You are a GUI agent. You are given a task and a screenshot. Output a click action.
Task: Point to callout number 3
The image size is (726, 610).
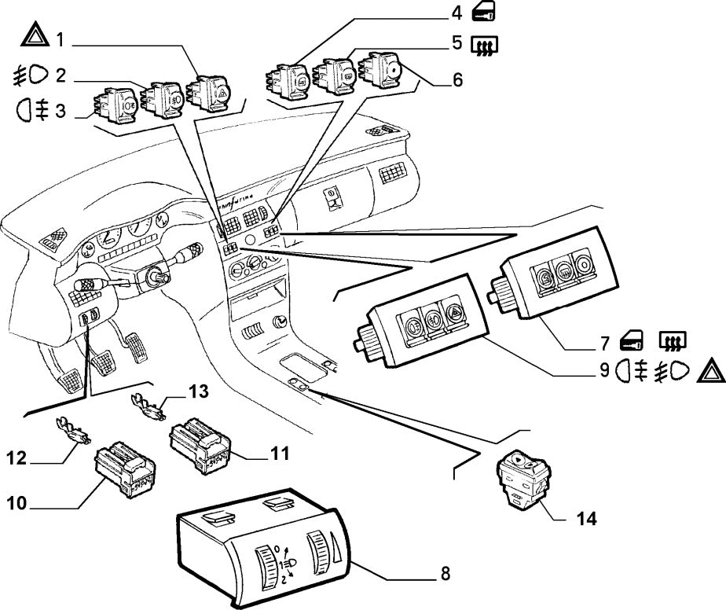pyautogui.click(x=59, y=112)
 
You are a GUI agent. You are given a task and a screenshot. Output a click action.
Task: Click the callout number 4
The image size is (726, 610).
pyautogui.click(x=456, y=14)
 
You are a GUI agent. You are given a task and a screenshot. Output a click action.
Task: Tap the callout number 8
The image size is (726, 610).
pyautogui.click(x=445, y=573)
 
